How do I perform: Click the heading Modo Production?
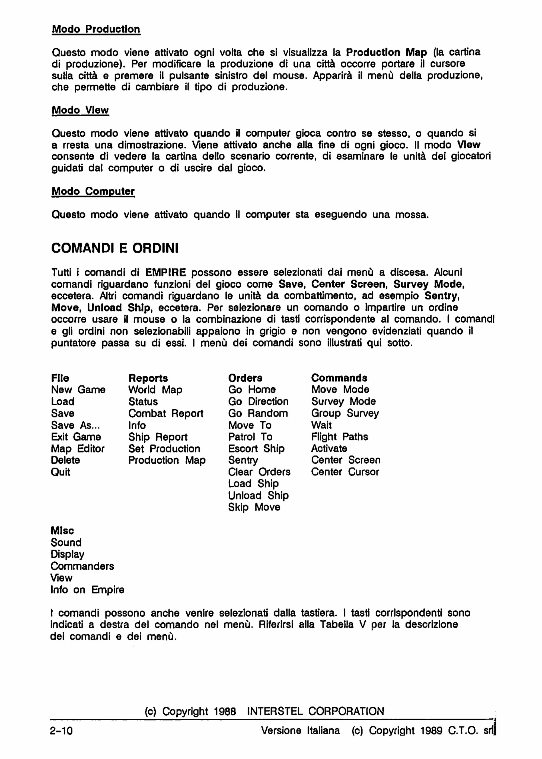pos(96,29)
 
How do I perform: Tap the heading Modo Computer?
pos(93,191)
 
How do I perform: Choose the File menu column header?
pos(60,378)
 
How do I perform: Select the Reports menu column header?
pos(148,378)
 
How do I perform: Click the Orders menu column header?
pos(245,378)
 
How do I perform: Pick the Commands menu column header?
pos(339,378)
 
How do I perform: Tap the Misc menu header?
pos(62,530)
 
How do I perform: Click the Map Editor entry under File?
pos(78,449)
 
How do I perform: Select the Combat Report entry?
pos(166,413)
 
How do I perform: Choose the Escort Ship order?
pos(256,449)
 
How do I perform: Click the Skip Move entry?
pos(254,507)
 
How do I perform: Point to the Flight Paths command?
pos(339,437)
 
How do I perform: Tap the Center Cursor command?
pos(345,472)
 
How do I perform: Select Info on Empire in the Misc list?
pos(87,590)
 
